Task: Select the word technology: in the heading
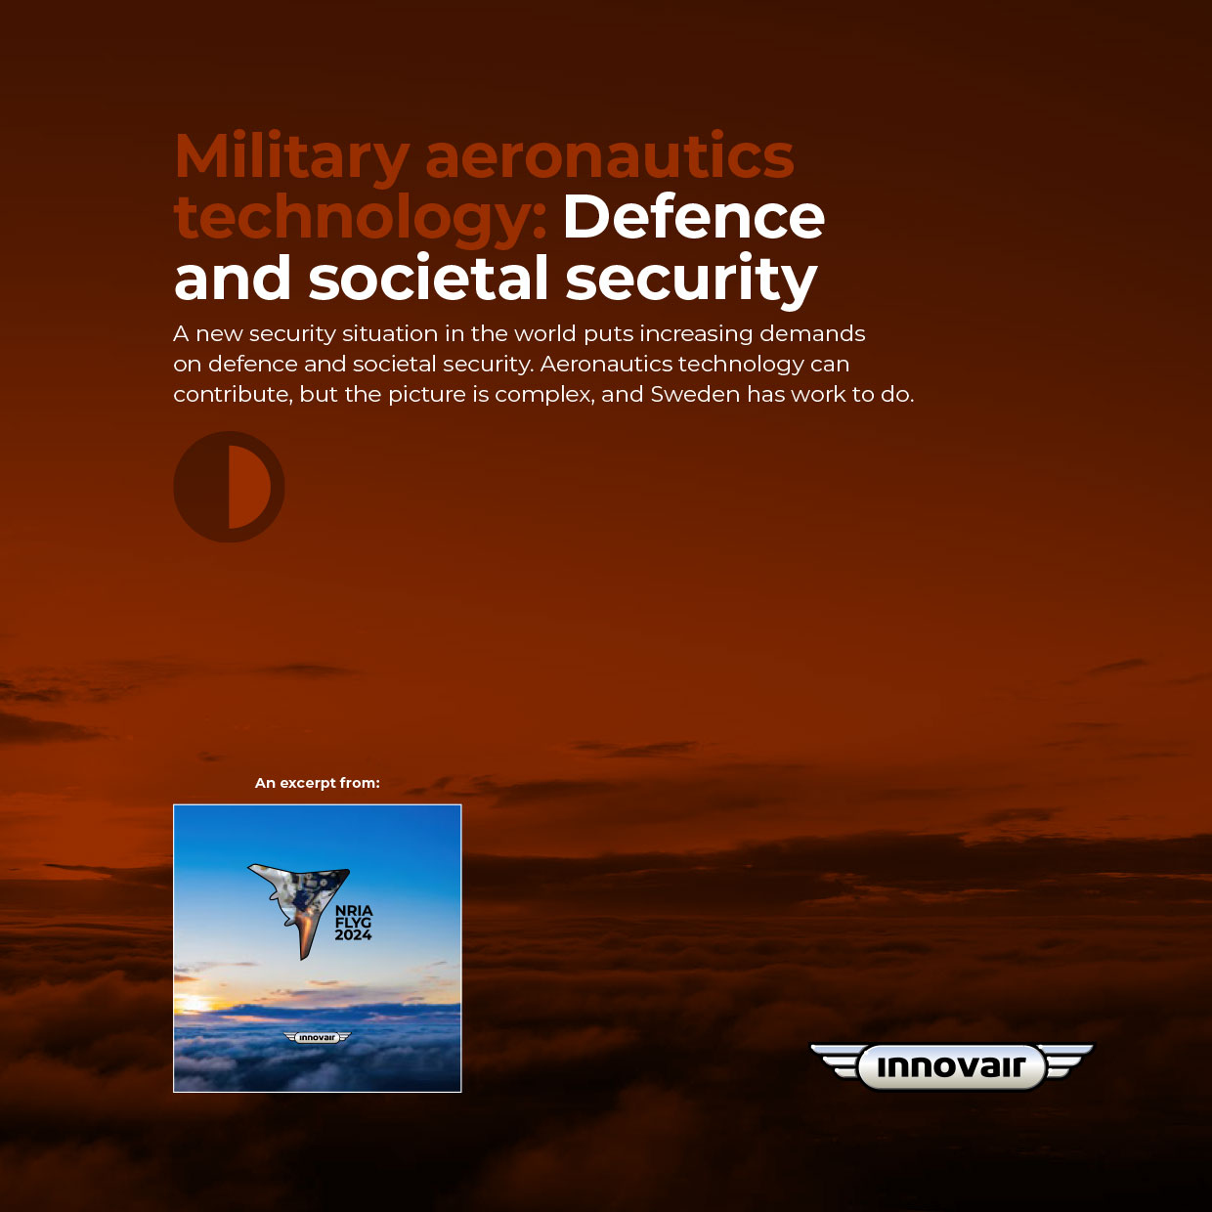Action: click(361, 219)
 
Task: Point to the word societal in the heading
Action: click(428, 277)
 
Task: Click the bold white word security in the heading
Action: click(691, 281)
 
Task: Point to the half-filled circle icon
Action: click(229, 487)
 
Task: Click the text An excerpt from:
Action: click(317, 783)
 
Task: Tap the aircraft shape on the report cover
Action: click(302, 899)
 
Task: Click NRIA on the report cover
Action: click(354, 910)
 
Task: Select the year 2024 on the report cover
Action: click(353, 935)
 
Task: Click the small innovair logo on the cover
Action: click(317, 1038)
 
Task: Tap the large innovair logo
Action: click(952, 1066)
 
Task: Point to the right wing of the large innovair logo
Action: click(1068, 1061)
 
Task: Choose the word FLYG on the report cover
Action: click(353, 923)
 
